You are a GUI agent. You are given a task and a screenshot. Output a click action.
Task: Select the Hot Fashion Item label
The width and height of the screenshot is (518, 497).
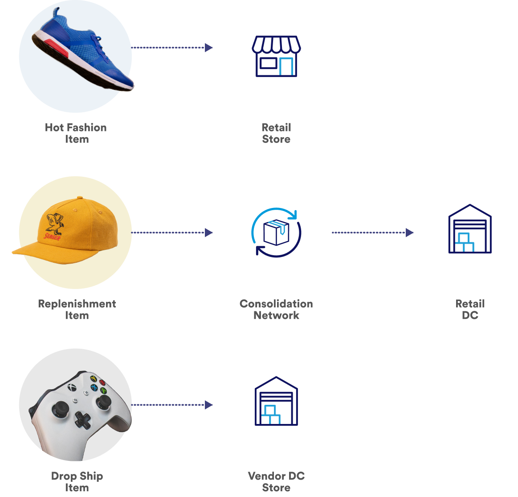click(x=76, y=133)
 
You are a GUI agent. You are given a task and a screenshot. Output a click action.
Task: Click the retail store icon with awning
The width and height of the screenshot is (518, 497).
click(x=276, y=57)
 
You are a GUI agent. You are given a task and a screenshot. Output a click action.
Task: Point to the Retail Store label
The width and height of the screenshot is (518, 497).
click(x=276, y=133)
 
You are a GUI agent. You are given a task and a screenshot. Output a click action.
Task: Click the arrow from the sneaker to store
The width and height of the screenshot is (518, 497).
click(x=171, y=47)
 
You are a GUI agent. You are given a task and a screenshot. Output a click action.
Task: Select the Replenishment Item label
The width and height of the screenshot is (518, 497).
click(x=77, y=310)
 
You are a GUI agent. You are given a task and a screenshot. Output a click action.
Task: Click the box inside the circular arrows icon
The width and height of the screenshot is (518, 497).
click(x=276, y=233)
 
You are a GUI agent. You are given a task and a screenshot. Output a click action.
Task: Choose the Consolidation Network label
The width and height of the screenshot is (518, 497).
click(x=276, y=310)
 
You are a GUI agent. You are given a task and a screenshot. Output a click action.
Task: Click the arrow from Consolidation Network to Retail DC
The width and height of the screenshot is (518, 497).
click(x=372, y=232)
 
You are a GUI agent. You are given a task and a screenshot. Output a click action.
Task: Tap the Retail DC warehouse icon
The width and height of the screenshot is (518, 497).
click(x=469, y=229)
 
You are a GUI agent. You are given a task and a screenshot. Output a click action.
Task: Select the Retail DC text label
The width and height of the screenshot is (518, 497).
click(x=470, y=310)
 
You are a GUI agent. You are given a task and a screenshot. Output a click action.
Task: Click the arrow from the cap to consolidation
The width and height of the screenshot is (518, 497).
click(x=171, y=232)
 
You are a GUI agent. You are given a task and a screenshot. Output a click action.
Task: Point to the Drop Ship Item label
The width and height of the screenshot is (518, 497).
click(x=77, y=482)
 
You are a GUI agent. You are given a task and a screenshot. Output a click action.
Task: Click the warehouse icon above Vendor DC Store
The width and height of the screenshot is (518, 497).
click(x=276, y=402)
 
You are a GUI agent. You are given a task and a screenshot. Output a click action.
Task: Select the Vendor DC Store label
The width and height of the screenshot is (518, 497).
click(x=276, y=482)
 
